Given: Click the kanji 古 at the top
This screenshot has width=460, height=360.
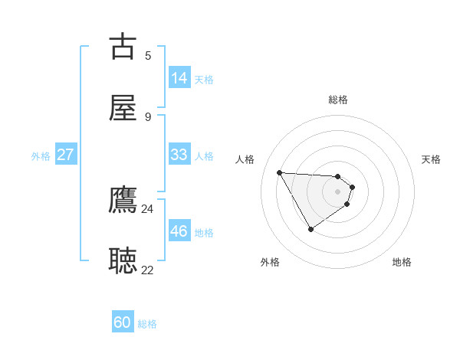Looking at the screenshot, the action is coord(123,46).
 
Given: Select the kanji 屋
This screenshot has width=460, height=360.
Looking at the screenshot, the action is coord(123,109).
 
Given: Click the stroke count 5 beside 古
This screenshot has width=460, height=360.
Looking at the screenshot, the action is coord(148,55).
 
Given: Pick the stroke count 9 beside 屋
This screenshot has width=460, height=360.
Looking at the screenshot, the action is coord(148,116).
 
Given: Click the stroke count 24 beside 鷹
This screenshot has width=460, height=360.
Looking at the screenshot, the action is coord(148,208).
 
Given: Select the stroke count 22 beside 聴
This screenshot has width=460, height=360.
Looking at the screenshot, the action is coord(148,270).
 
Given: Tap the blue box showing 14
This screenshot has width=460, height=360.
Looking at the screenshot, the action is coord(179,78).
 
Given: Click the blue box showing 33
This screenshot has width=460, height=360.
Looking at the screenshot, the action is coord(179,155).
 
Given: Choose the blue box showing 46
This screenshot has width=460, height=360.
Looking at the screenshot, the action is coord(179,231).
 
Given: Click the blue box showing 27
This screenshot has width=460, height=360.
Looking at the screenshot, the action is coord(65,155).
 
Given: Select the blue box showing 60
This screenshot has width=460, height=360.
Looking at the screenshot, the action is coord(123,322).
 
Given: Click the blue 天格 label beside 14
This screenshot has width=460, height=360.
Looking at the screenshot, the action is coord(204,80).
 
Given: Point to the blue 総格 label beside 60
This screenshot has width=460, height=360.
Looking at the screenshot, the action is coord(147,324).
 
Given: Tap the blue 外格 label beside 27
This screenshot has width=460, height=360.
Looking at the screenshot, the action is coord(41,156).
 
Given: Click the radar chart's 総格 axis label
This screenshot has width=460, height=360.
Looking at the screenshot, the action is coord(338,100).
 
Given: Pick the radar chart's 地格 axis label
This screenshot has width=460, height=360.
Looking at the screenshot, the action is coord(402,262).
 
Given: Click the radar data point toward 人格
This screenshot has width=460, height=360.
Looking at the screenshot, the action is coord(280,172).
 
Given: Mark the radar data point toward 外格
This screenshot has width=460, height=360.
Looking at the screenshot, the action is coord(310,229).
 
